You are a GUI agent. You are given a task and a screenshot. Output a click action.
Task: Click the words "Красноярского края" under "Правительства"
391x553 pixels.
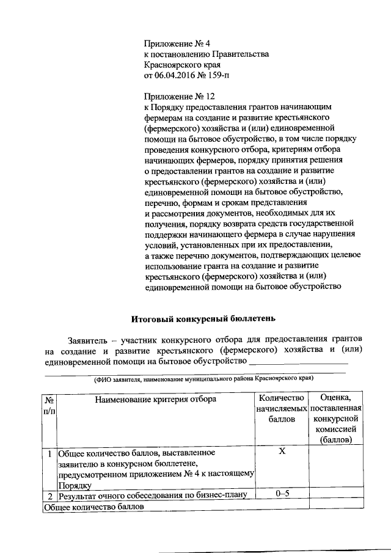point(181,65)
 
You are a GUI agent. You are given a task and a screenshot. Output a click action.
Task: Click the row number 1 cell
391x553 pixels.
point(48,453)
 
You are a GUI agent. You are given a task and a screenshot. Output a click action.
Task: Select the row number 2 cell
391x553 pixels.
point(48,496)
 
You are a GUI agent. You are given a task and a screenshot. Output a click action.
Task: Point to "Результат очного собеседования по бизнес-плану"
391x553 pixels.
point(152,496)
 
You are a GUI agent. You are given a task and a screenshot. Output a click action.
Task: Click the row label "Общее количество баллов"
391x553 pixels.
point(94,507)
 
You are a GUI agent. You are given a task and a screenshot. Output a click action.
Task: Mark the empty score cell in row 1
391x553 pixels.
point(335,469)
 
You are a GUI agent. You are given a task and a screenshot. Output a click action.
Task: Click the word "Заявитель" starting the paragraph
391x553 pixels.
point(87,339)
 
